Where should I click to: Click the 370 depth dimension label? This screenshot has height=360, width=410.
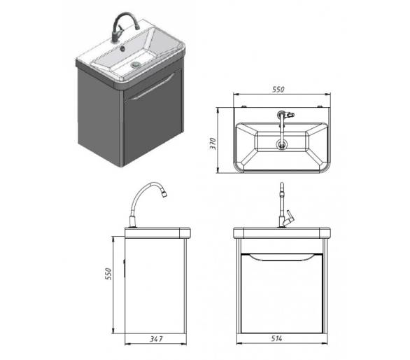(x=213, y=144)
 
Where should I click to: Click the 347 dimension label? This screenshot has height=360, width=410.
(x=156, y=339)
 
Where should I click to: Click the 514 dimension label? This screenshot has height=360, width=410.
(x=276, y=338)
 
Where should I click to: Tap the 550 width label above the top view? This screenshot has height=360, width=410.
(x=278, y=90)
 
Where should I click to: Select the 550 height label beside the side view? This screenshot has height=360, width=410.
(x=108, y=274)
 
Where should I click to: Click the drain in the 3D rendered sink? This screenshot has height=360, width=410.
(x=136, y=64)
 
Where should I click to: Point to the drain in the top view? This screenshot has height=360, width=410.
(x=282, y=144)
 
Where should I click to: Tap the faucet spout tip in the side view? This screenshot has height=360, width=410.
(x=164, y=194)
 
